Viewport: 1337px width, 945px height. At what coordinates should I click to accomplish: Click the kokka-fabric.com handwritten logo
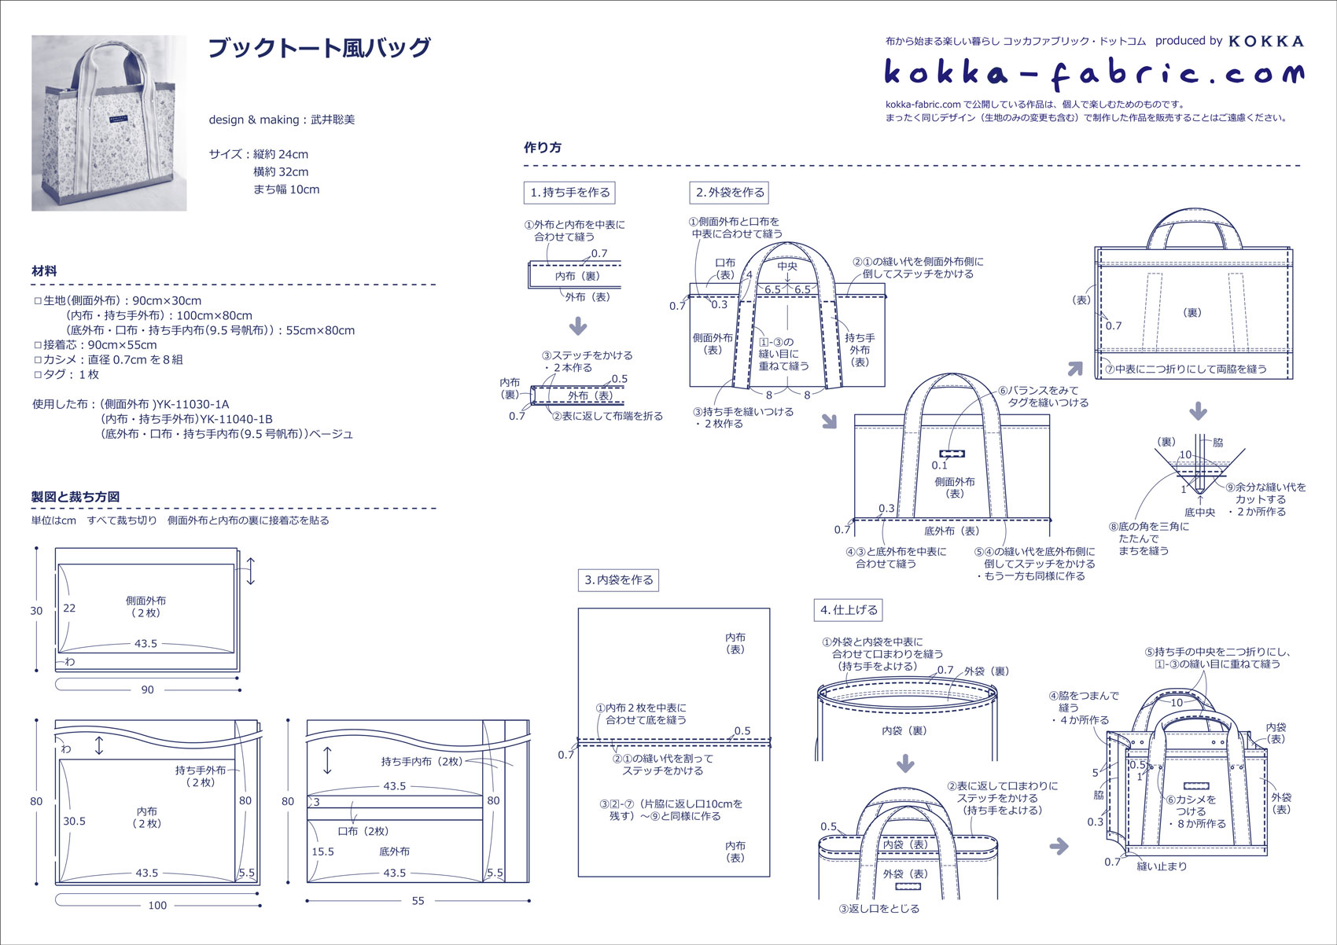coord(1093,74)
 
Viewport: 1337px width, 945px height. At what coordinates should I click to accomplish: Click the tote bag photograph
coord(109,123)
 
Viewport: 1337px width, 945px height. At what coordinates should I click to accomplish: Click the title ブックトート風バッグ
coord(319,48)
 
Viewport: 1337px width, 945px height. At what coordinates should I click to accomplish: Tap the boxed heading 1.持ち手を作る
coord(569,193)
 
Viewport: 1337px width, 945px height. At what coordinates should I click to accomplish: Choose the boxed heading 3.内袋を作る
coord(619,580)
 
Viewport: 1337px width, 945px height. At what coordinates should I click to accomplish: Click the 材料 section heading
coord(44,271)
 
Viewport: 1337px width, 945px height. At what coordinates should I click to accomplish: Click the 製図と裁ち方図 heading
coord(76,497)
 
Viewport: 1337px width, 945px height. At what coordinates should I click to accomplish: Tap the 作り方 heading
coord(543,148)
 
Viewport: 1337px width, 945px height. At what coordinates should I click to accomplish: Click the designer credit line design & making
coord(282,120)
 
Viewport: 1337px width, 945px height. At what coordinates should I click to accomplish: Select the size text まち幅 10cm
coord(286,189)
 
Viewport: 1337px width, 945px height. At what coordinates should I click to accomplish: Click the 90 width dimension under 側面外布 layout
coord(147,689)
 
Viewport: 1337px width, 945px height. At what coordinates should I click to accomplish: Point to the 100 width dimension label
coord(157,905)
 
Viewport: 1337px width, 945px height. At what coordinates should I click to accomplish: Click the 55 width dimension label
coord(418,901)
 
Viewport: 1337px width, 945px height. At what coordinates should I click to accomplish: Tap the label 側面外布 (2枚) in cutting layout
coord(145,606)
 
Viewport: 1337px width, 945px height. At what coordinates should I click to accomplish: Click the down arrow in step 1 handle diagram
coord(578,325)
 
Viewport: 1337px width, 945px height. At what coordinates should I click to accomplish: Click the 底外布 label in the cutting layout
coord(394,851)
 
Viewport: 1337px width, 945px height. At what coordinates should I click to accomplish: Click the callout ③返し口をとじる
coord(878,909)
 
